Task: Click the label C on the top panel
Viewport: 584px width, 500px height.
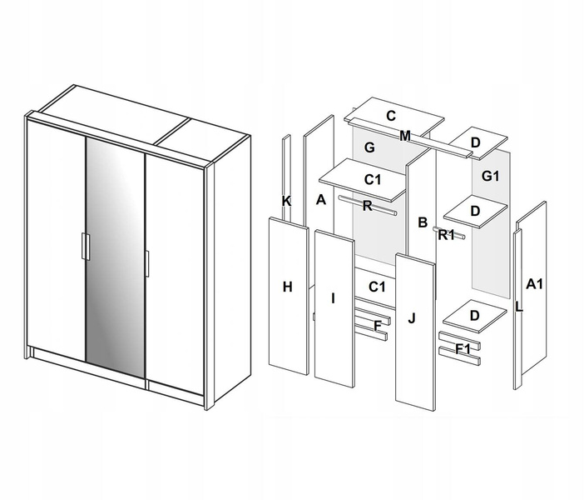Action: [391, 116]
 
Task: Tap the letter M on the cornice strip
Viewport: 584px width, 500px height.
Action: [405, 136]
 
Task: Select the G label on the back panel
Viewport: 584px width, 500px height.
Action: [369, 147]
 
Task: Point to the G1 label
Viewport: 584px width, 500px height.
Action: [490, 176]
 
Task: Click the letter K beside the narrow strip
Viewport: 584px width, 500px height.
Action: [286, 201]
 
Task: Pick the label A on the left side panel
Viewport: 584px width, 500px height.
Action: [320, 200]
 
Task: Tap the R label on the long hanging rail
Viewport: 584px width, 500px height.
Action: [367, 206]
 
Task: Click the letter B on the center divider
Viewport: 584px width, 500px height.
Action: [423, 222]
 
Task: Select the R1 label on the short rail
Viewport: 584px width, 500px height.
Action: [446, 235]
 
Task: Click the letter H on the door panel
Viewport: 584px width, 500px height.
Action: [287, 287]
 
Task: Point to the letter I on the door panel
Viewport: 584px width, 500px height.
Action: [333, 298]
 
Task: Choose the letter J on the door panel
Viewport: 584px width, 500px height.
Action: [411, 318]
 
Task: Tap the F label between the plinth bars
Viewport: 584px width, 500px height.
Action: [378, 326]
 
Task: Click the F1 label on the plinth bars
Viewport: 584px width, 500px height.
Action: [463, 349]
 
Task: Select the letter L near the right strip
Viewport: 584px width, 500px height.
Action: [519, 307]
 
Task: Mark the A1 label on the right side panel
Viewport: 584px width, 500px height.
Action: [534, 284]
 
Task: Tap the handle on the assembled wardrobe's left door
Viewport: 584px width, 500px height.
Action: [86, 247]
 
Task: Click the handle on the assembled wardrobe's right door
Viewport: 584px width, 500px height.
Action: [147, 263]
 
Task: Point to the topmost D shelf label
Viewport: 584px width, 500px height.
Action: [475, 142]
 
